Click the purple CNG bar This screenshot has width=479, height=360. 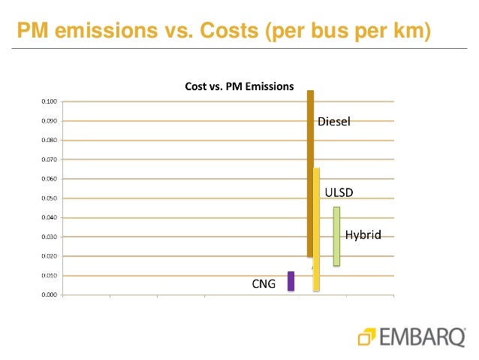tap(291, 281)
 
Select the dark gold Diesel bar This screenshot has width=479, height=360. tap(310, 173)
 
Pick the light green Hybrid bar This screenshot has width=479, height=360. tap(337, 236)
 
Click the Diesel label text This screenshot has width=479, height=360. tap(334, 121)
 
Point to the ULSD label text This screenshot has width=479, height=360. tap(338, 192)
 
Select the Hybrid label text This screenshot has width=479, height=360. tap(363, 235)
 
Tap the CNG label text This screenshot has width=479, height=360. tap(264, 284)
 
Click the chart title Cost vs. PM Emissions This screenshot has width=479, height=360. tap(239, 86)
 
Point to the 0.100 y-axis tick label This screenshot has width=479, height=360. tap(47, 101)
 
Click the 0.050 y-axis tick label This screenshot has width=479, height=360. tap(47, 198)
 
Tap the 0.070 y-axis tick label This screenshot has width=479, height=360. tap(47, 159)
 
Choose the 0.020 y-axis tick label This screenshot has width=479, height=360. tap(47, 256)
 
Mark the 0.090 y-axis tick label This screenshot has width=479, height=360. tap(47, 121)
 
